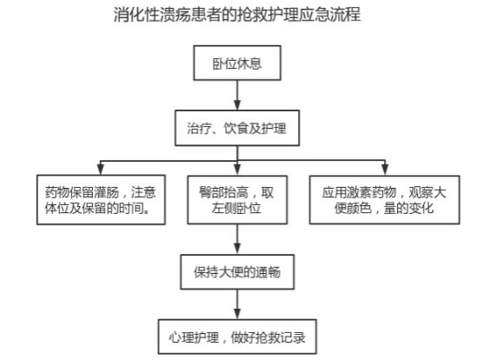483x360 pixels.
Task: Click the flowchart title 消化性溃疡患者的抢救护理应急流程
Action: (x=237, y=14)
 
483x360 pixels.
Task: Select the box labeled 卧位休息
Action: (x=237, y=63)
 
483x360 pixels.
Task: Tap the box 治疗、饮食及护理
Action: (x=237, y=128)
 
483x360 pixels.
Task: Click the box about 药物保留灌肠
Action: (x=101, y=200)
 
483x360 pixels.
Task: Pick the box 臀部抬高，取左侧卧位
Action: (x=237, y=200)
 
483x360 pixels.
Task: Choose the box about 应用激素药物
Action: (x=385, y=200)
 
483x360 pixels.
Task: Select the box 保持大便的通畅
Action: (x=237, y=272)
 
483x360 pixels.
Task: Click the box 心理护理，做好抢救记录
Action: (x=237, y=337)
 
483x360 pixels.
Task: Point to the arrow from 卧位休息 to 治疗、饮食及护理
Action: (x=237, y=96)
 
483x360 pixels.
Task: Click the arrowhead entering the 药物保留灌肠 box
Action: (x=101, y=170)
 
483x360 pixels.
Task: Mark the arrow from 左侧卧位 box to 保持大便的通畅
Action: (x=237, y=239)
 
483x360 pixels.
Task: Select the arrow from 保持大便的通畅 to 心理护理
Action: (x=237, y=304)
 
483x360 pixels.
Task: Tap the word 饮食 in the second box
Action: (x=236, y=128)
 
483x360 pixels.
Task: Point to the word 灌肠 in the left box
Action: (x=107, y=192)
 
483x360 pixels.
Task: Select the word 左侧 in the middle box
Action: (x=224, y=208)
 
